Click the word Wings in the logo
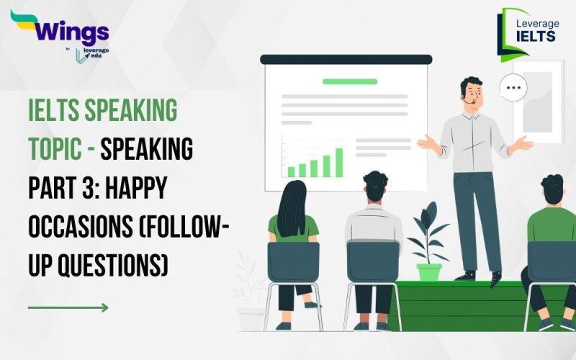(69, 31)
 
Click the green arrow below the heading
(68, 307)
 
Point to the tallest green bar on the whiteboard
(337, 161)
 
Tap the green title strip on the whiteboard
(350, 81)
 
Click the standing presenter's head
(472, 91)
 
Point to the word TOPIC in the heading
(55, 151)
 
